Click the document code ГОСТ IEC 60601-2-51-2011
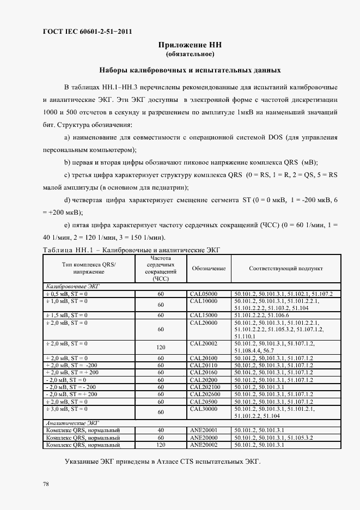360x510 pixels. point(87,32)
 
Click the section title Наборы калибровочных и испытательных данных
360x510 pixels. point(190,70)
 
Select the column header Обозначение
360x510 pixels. point(209,269)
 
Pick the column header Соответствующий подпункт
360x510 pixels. point(286,269)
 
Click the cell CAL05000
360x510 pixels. point(203,294)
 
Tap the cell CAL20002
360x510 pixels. point(203,343)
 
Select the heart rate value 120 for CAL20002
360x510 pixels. point(161,347)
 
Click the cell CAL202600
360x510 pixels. point(205,394)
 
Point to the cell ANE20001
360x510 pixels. point(203,430)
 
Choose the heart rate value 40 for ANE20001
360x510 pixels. point(161,430)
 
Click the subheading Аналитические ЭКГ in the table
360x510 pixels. point(64,422)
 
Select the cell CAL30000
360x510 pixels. point(203,408)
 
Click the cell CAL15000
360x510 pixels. point(203,315)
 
